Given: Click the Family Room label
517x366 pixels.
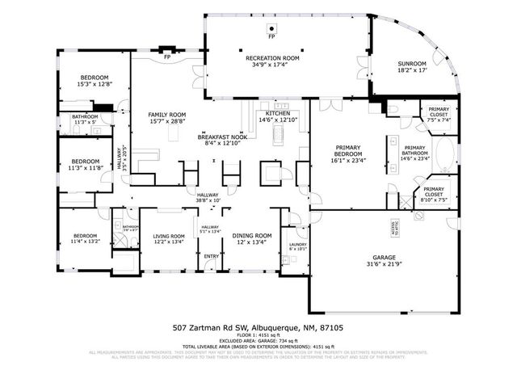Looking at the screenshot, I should [x=166, y=116].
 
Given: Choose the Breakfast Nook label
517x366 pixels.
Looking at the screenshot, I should [x=222, y=137].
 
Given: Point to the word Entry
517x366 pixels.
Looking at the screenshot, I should [x=211, y=257].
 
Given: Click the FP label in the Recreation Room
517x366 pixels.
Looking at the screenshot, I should [x=271, y=37].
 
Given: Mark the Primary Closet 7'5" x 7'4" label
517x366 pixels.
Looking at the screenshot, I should [x=439, y=113].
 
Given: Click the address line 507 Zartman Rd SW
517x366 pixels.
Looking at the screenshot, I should [x=258, y=328].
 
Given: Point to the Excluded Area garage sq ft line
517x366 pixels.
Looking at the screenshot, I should [x=258, y=341].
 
